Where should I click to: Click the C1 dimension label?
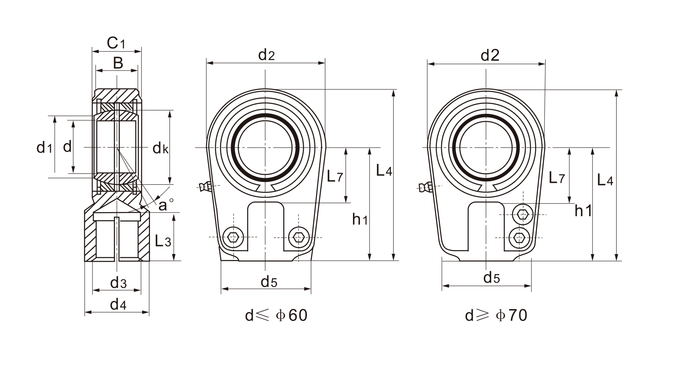(116, 43)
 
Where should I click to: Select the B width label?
(117, 63)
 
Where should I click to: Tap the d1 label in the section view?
(44, 147)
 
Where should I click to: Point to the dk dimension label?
(161, 148)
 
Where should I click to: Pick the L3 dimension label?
(163, 241)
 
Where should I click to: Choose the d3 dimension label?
(118, 282)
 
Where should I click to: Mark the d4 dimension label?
(118, 304)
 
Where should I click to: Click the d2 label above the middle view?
(267, 55)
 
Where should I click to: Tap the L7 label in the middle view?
(335, 176)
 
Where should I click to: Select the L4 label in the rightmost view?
(605, 180)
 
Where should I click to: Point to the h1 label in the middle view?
(360, 220)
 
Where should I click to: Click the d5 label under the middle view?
(269, 281)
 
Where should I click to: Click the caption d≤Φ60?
(276, 315)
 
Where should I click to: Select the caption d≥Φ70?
(496, 315)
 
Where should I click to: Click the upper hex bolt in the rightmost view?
(522, 214)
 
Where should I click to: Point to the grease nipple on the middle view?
(205, 187)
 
